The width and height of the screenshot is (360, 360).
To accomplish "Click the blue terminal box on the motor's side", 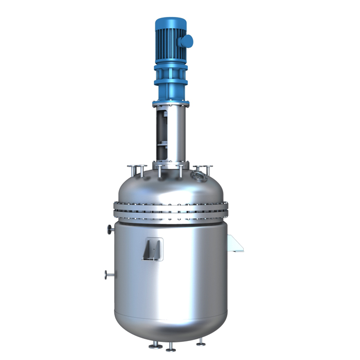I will (x=187, y=39).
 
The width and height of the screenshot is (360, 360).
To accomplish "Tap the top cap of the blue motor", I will (x=170, y=22).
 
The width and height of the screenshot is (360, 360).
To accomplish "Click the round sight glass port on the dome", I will (x=196, y=176).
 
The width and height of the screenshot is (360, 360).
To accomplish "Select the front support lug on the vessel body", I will (x=153, y=249).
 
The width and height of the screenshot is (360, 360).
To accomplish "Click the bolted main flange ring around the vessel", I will (x=170, y=211).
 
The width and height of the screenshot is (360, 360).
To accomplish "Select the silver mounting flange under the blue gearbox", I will (x=170, y=103).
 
